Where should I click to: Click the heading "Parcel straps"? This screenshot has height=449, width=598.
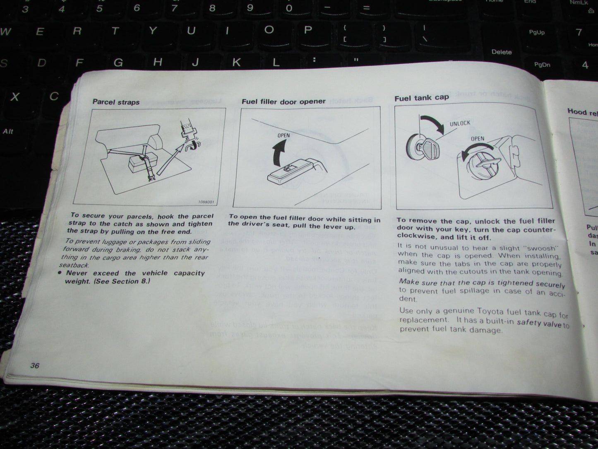click(x=116, y=102)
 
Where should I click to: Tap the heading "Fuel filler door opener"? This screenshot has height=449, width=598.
click(x=283, y=101)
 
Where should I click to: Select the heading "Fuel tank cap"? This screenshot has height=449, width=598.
click(x=421, y=98)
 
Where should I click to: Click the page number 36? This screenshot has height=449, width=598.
click(x=35, y=365)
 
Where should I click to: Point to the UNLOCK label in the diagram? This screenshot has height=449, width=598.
click(x=460, y=123)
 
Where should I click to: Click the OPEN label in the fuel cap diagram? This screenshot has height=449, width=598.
click(x=477, y=139)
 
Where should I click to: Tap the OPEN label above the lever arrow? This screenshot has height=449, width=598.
click(x=283, y=135)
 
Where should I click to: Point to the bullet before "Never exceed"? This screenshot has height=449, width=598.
click(x=60, y=273)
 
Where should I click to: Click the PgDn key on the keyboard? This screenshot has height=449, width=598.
click(x=542, y=65)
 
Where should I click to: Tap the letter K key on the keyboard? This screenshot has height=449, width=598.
click(x=236, y=63)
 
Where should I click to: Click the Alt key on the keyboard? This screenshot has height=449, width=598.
click(x=8, y=131)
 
